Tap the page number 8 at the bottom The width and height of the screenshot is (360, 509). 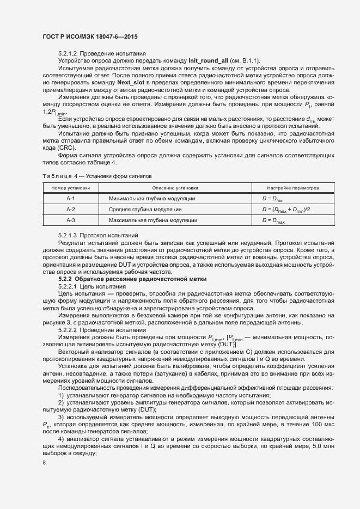44,463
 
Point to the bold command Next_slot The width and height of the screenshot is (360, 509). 131,82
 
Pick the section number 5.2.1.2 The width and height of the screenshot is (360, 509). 68,53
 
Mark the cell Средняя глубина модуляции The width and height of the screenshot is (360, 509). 144,210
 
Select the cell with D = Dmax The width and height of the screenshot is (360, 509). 274,220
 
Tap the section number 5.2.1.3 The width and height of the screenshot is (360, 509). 68,235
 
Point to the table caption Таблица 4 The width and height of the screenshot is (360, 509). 56,176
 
